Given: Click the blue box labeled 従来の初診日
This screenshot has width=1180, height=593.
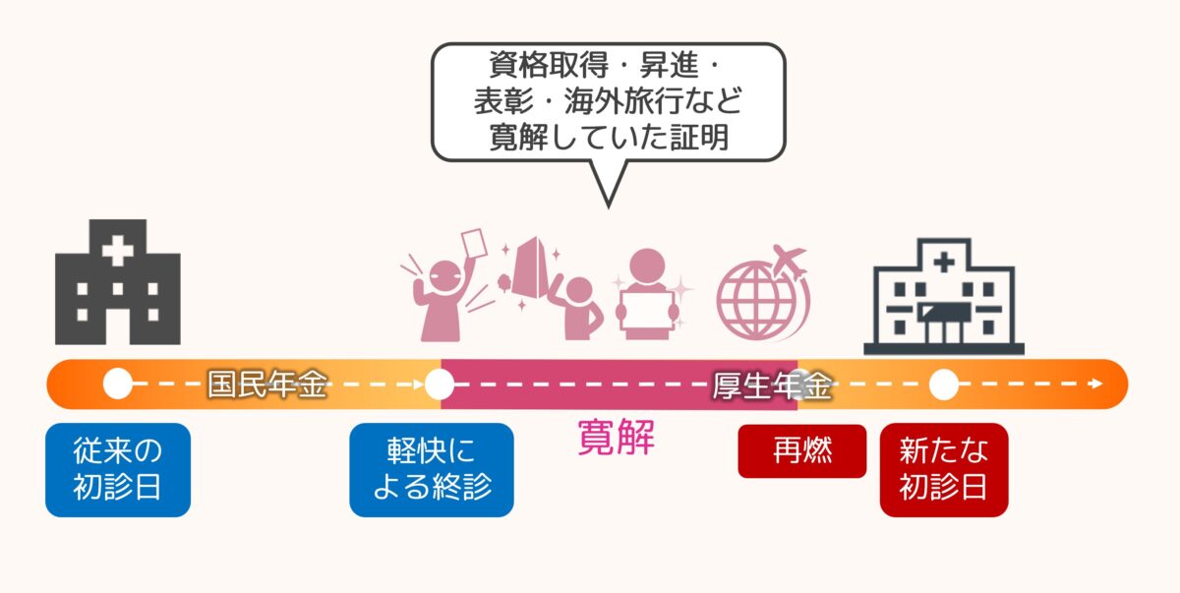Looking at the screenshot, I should (117, 469).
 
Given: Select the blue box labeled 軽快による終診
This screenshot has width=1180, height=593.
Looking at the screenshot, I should (431, 469).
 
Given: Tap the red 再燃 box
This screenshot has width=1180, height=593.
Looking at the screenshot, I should (801, 450).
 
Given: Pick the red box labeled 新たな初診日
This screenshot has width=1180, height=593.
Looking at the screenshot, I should (943, 469).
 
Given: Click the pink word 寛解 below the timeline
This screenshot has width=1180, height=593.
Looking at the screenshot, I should (616, 437).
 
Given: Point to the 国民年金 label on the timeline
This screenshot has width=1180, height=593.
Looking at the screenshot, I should (266, 385).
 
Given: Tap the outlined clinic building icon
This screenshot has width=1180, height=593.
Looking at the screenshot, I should (943, 295).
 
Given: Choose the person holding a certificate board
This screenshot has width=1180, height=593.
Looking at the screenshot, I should (646, 295).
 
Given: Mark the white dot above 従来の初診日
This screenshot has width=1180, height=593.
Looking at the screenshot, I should (117, 385).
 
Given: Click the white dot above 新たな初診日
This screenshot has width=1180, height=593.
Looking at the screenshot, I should (943, 385).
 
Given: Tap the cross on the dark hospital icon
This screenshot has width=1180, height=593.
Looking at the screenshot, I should (117, 251).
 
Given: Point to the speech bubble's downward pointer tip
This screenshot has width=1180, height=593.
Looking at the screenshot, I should (608, 205).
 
